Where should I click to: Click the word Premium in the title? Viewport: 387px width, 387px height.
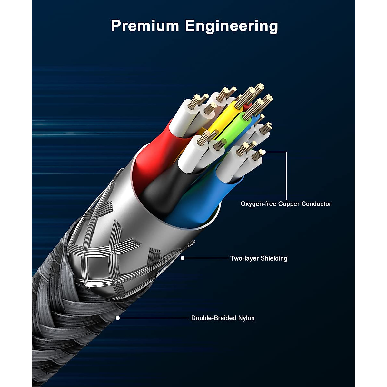pyautogui.click(x=145, y=26)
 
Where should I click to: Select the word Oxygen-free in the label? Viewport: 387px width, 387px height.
pyautogui.click(x=259, y=204)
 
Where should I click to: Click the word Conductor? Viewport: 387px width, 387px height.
pyautogui.click(x=316, y=204)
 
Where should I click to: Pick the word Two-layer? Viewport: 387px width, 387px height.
pyautogui.click(x=244, y=258)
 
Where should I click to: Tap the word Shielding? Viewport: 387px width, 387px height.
pyautogui.click(x=274, y=258)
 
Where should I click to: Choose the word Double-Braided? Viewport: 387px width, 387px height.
pyautogui.click(x=213, y=318)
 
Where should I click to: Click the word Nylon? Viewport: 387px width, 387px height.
pyautogui.click(x=246, y=318)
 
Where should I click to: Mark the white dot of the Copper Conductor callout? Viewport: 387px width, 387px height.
pyautogui.click(x=264, y=152)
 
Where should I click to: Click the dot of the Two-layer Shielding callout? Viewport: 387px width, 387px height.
pyautogui.click(x=183, y=258)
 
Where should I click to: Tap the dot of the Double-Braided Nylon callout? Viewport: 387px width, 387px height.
pyautogui.click(x=118, y=318)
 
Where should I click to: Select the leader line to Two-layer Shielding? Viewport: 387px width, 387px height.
pyautogui.click(x=206, y=258)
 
